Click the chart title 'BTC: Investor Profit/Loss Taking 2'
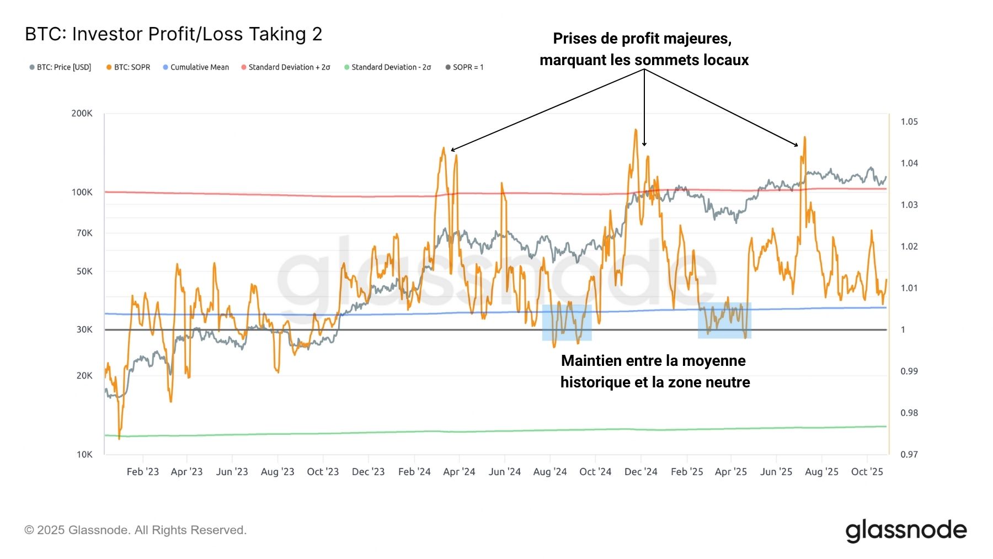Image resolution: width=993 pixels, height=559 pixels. pyautogui.click(x=173, y=34)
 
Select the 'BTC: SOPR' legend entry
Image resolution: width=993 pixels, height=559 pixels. pyautogui.click(x=132, y=67)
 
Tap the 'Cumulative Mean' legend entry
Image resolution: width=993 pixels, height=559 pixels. pyautogui.click(x=199, y=67)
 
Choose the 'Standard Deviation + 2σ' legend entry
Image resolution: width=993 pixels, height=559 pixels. pyautogui.click(x=289, y=67)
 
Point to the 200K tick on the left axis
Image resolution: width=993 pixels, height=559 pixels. pyautogui.click(x=82, y=113)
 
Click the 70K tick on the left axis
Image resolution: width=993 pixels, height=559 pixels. pyautogui.click(x=84, y=233)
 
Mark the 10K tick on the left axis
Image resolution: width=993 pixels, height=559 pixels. pyautogui.click(x=84, y=454)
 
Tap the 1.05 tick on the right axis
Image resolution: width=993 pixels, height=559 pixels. pyautogui.click(x=909, y=121)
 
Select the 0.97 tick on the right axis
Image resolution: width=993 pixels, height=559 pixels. pyautogui.click(x=909, y=454)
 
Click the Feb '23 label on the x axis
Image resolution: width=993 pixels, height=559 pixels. pyautogui.click(x=142, y=472)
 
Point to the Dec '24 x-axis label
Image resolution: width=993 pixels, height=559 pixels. pyautogui.click(x=640, y=472)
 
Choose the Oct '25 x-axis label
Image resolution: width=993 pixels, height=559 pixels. pyautogui.click(x=867, y=472)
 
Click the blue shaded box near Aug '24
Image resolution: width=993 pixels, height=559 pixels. pyautogui.click(x=567, y=323)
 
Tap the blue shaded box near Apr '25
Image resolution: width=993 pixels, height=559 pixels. pyautogui.click(x=724, y=321)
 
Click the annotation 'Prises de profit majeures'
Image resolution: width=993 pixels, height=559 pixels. pyautogui.click(x=642, y=39)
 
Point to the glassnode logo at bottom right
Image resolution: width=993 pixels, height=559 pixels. pyautogui.click(x=906, y=530)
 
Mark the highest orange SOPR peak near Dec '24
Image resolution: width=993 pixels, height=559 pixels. pyautogui.click(x=636, y=130)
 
